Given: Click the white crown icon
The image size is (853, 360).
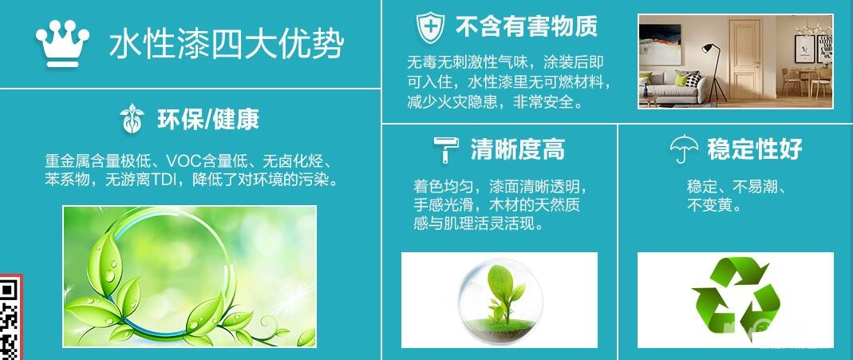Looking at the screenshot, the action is point(62,44).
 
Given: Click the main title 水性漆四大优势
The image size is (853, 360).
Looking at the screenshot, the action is point(227,43).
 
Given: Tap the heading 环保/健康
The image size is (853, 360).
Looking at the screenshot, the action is point(207,119).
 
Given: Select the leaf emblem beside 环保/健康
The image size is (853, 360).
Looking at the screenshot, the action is point(132,119).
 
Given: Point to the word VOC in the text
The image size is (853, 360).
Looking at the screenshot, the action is point(184,161).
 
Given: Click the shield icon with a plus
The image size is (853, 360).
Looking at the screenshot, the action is point(430,27).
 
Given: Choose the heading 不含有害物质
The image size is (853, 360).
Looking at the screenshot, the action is point(526,26).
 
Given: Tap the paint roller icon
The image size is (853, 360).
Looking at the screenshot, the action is point(446,149).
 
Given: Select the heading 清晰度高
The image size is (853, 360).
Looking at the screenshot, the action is point(517,149).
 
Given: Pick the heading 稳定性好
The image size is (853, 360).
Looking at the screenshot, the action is point(755,149).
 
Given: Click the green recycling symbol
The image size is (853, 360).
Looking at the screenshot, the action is point(736,299).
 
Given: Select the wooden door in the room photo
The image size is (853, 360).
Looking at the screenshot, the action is point(745,59).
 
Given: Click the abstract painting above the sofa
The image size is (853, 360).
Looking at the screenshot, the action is point(660,45).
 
